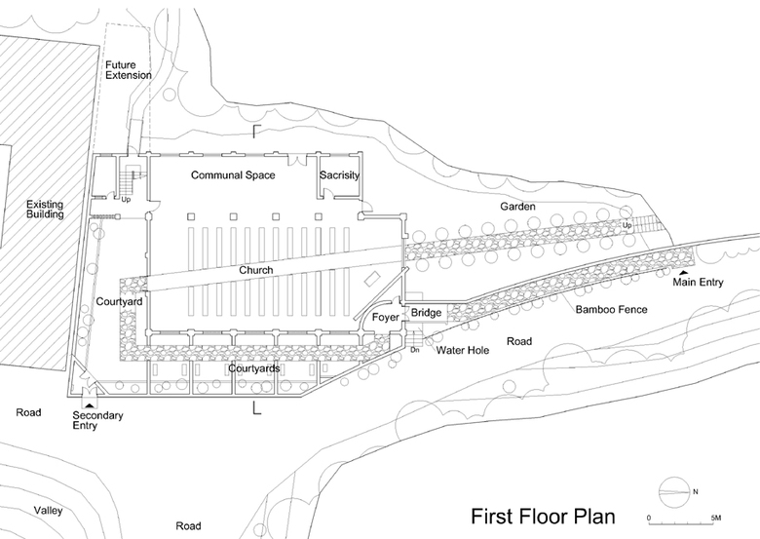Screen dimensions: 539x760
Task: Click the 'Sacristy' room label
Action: pyautogui.click(x=340, y=175)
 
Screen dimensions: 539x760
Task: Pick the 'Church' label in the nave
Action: pyautogui.click(x=256, y=270)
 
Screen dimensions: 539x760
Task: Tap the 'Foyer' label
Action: pyautogui.click(x=385, y=316)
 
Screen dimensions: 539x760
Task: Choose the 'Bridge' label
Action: pyautogui.click(x=426, y=313)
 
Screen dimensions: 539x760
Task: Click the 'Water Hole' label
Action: pyautogui.click(x=462, y=349)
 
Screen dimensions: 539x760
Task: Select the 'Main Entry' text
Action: pyautogui.click(x=698, y=283)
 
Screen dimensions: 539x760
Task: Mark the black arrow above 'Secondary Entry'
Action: pyautogui.click(x=91, y=402)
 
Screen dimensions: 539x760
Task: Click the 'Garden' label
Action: pyautogui.click(x=518, y=207)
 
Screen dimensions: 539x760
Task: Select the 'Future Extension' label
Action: pyautogui.click(x=129, y=69)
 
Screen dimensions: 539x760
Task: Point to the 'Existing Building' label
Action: pyautogui.click(x=45, y=210)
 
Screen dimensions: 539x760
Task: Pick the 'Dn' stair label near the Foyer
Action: pyautogui.click(x=414, y=348)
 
